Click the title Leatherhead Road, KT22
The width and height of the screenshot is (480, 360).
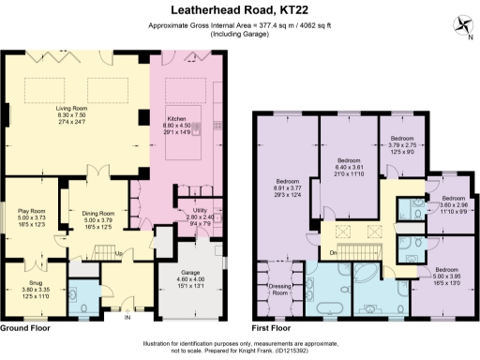tap(239, 10)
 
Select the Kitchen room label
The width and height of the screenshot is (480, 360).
tap(178, 119)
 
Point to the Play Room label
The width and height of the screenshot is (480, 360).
tap(32, 211)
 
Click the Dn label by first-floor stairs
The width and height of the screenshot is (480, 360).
tap(334, 253)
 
